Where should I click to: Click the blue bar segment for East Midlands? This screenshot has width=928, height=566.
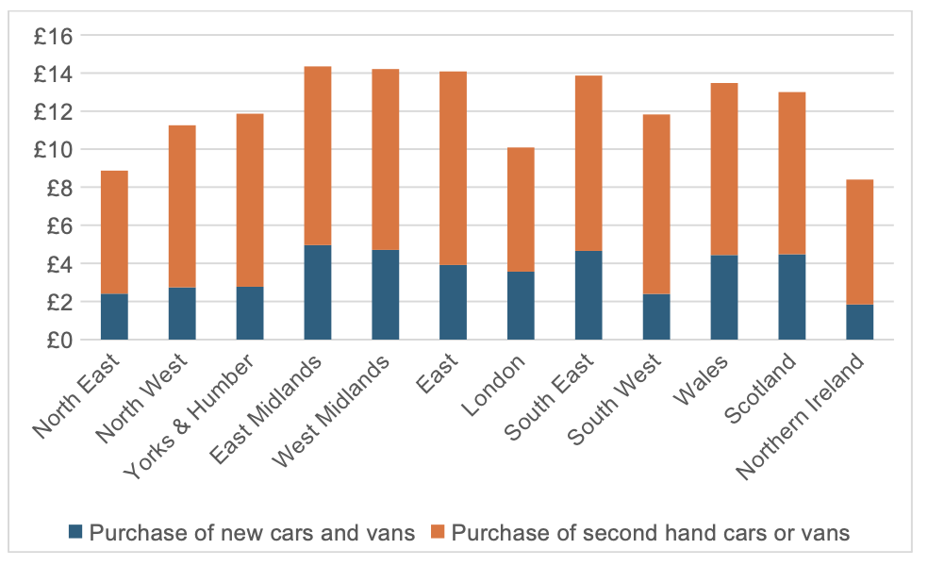tap(318, 292)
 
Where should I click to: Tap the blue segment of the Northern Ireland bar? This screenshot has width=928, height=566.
tap(859, 322)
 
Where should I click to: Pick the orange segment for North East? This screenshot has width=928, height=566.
tap(114, 232)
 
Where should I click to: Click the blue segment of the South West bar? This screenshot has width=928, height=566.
tap(656, 316)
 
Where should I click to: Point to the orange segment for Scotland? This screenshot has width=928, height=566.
tap(792, 173)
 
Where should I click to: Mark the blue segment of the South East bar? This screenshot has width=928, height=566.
tap(588, 295)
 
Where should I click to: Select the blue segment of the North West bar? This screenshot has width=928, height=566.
tap(182, 313)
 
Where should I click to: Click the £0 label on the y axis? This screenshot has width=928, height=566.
tap(58, 340)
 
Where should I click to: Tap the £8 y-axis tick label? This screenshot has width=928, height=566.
tap(58, 188)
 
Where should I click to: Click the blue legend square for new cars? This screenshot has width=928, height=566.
tap(76, 533)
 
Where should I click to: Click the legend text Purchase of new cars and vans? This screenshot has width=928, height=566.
tap(252, 533)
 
